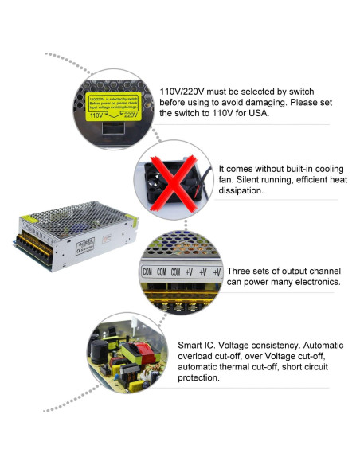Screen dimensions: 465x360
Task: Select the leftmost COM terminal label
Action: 147,272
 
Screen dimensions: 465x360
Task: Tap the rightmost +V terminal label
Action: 216,272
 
